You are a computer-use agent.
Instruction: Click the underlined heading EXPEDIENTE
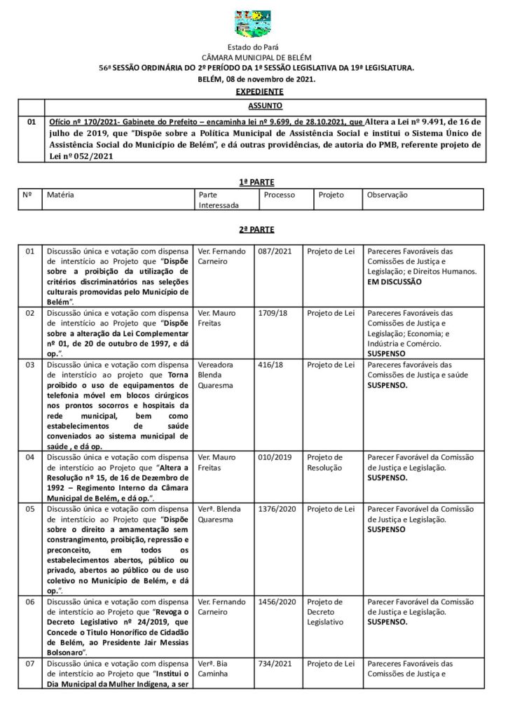[259, 91]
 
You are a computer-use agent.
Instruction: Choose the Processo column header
[280, 195]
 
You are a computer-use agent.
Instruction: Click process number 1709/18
[273, 313]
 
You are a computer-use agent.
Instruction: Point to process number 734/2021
[275, 663]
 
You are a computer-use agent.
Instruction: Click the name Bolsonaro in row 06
[67, 652]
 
